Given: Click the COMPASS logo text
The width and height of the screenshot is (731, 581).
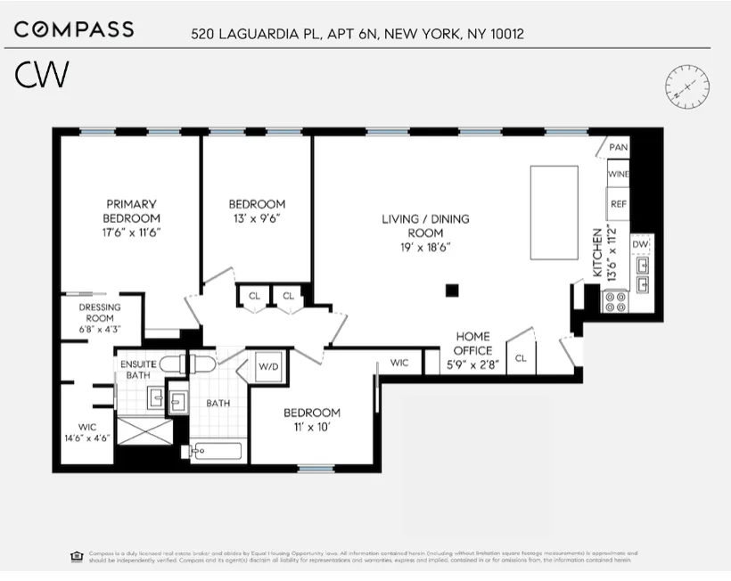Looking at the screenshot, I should [x=74, y=29].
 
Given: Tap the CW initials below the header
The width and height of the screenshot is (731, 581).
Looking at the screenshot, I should [x=42, y=76].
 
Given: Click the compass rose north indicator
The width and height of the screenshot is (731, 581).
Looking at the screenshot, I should [x=687, y=86].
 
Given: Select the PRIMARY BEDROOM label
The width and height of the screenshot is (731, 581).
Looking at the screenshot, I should [x=131, y=211].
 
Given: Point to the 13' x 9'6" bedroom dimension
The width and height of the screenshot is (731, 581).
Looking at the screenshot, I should [x=257, y=218].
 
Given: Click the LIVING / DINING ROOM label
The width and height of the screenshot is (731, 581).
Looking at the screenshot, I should [x=425, y=226].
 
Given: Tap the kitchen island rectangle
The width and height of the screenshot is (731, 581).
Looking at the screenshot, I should [x=554, y=211].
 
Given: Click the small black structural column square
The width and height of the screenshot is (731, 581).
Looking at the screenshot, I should [x=452, y=290].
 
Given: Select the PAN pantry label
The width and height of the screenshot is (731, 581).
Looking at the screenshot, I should [x=619, y=147].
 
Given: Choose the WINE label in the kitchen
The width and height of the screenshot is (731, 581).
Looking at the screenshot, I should [x=619, y=175].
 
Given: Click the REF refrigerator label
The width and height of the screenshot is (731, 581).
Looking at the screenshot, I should [x=619, y=203].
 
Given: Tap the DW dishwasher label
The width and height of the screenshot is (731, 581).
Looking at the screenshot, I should [x=640, y=243].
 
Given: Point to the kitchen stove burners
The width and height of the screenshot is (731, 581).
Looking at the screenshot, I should [x=616, y=300].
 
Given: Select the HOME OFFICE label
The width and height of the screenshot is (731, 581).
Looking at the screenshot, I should [x=472, y=343].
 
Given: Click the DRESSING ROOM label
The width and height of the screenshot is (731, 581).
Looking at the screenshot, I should [x=100, y=318].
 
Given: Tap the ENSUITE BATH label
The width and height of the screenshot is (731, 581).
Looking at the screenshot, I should [x=138, y=370].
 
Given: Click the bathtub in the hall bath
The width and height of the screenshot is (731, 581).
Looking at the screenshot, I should [x=218, y=451].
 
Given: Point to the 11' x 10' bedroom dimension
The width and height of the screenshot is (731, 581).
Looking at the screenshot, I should [x=312, y=427].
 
